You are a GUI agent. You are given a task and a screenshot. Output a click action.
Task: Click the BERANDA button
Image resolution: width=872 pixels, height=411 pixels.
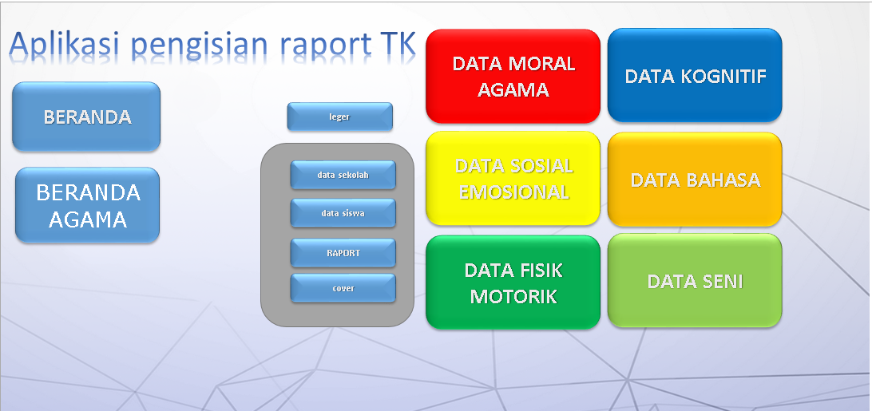(87, 117)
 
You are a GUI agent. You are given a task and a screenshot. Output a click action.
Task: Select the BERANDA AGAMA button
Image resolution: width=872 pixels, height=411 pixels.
(88, 205)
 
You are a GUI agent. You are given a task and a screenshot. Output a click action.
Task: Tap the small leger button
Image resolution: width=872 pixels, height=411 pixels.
(339, 117)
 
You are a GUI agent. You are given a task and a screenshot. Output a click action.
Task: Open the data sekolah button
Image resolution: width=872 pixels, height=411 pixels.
(343, 175)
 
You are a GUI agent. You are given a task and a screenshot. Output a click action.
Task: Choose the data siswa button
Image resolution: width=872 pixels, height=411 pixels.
(343, 213)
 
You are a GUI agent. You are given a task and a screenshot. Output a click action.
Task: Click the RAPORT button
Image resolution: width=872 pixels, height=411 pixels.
(343, 253)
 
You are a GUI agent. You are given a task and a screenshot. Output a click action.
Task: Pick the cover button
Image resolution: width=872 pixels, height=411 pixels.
(343, 288)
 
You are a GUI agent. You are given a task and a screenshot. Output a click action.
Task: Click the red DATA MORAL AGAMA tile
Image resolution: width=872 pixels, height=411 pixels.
(513, 77)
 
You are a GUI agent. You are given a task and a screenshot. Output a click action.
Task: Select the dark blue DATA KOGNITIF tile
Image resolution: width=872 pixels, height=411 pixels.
(695, 77)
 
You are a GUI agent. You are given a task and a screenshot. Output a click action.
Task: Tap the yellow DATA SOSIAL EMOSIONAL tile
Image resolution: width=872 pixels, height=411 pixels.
(513, 179)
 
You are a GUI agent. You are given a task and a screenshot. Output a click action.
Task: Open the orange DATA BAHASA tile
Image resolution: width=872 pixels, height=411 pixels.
(695, 180)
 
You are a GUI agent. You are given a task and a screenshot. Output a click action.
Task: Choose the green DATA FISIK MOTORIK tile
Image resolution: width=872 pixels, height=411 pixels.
(513, 283)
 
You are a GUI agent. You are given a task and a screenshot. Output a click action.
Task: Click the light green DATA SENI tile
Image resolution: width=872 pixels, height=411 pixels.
(695, 281)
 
